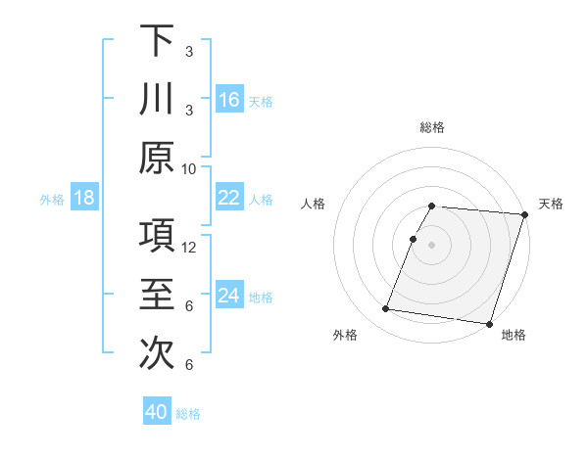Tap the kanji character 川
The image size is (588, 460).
tap(157, 99)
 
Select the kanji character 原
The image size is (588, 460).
tap(157, 158)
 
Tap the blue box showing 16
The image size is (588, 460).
tap(229, 100)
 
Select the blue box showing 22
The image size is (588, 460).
tap(229, 198)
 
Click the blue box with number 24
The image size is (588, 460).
tap(229, 297)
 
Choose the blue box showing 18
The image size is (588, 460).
tap(84, 199)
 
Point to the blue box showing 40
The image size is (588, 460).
tap(157, 412)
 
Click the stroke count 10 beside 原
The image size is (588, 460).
tap(189, 168)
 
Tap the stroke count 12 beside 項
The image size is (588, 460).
tap(189, 248)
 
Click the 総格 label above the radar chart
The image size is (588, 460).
tap(432, 127)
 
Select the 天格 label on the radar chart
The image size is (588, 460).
tap(551, 204)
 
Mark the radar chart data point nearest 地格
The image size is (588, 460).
tap(489, 324)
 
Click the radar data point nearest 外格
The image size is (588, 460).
tap(385, 309)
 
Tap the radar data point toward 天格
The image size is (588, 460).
tap(524, 215)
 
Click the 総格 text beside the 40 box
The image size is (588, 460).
tap(188, 413)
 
